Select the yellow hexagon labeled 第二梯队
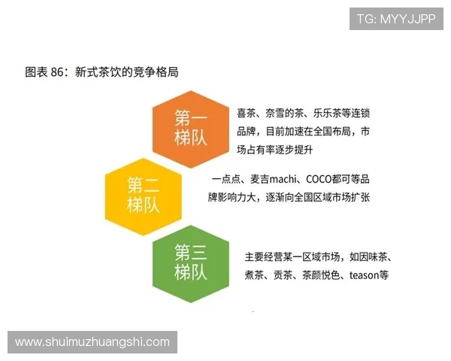(x=143, y=194)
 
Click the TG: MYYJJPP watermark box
(x=396, y=19)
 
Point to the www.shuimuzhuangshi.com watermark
(x=92, y=342)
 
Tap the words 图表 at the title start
(x=36, y=73)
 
